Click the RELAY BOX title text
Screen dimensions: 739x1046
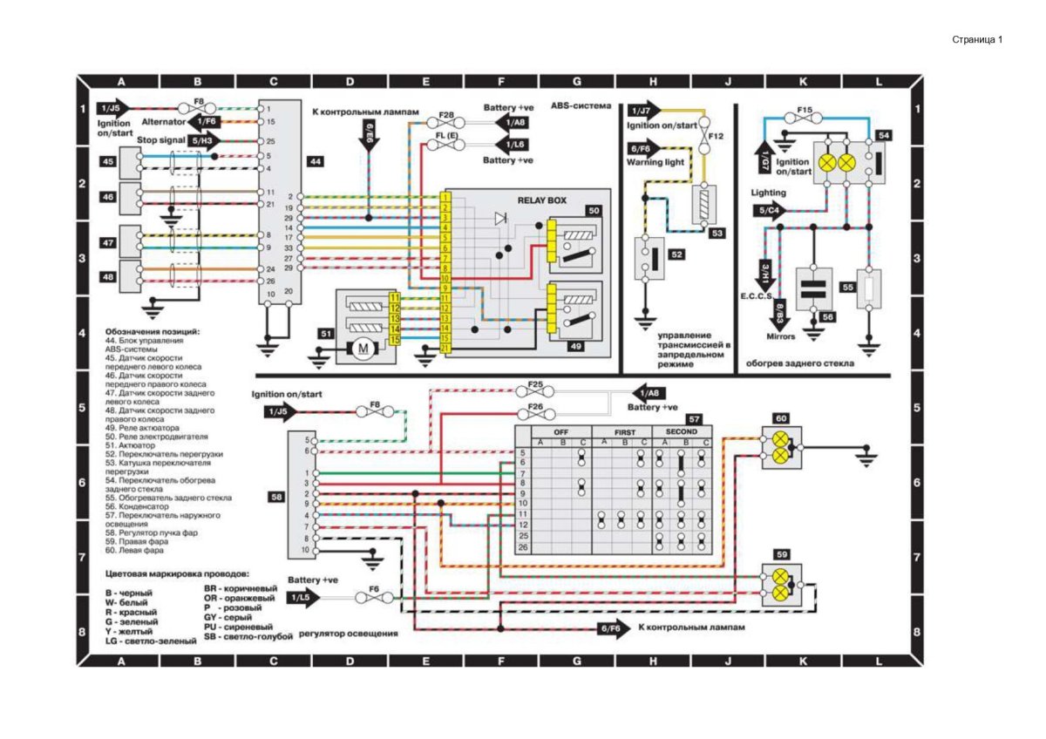[x=541, y=200]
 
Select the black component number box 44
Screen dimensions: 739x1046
[x=315, y=162]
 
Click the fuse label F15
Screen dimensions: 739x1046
[x=805, y=110]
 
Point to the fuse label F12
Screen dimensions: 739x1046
[x=717, y=137]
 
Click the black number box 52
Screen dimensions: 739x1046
[x=676, y=254]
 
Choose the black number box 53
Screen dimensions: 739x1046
[x=717, y=234]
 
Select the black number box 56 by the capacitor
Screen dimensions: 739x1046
[x=828, y=317]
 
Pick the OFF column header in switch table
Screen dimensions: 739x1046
[x=561, y=431]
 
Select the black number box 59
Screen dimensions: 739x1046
[x=782, y=553]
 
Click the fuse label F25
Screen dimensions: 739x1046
[x=535, y=385]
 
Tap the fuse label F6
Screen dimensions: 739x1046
[x=373, y=589]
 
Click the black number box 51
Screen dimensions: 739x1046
[x=326, y=333]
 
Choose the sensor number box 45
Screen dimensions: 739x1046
[x=108, y=162]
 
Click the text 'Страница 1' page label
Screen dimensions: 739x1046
[x=977, y=39]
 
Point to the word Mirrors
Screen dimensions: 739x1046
[x=780, y=336]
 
